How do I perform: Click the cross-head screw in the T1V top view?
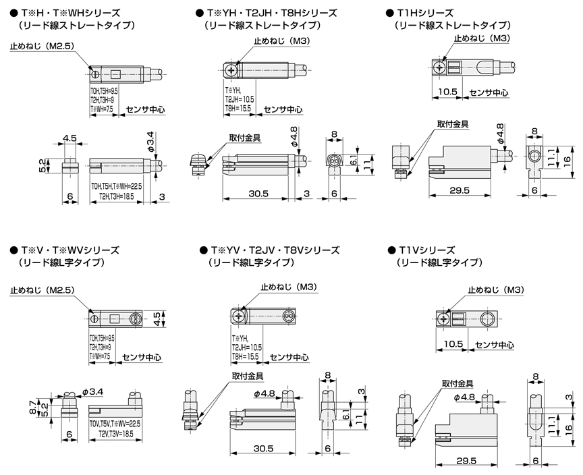tap(443, 317)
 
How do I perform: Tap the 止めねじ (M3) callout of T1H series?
tap(481, 38)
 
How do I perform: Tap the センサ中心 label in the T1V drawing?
tap(495, 345)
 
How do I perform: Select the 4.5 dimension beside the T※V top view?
tap(156, 318)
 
